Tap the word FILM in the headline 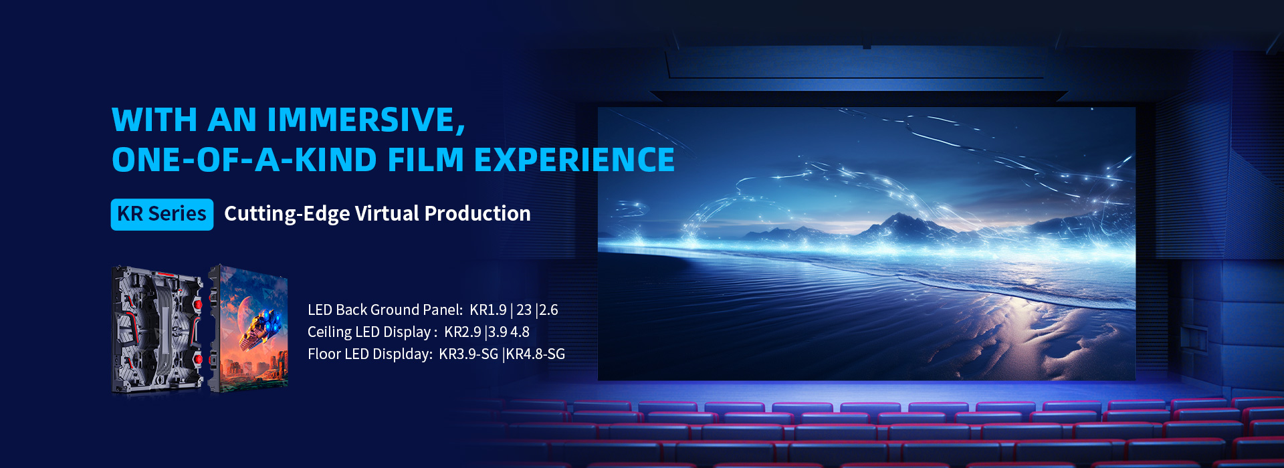[x=425, y=160]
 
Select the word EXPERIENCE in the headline [x=574, y=160]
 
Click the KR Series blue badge [x=162, y=214]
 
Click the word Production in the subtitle [x=477, y=213]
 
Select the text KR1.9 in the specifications [x=488, y=310]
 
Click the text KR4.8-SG [x=536, y=354]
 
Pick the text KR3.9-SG [x=469, y=354]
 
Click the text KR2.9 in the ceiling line [x=463, y=332]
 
